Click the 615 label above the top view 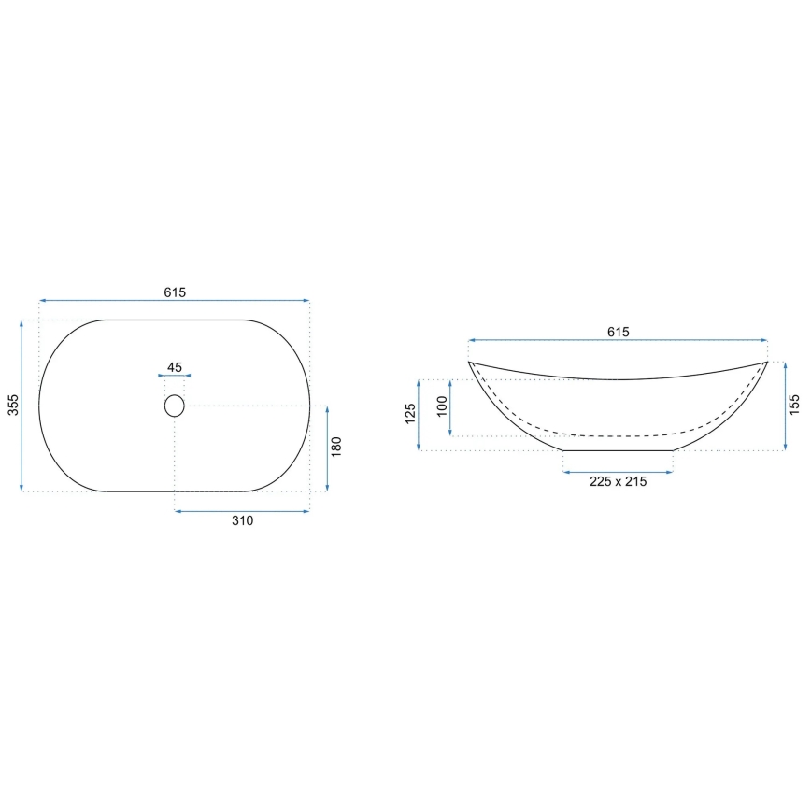click(x=175, y=292)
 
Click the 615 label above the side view click(x=618, y=332)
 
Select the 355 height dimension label click(x=12, y=405)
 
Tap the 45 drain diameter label click(x=175, y=366)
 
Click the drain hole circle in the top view click(x=175, y=405)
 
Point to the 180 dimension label click(x=337, y=448)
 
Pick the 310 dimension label click(x=242, y=521)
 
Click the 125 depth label click(x=410, y=415)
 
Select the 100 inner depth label click(x=442, y=407)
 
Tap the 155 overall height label click(x=794, y=405)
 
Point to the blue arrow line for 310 click(x=242, y=510)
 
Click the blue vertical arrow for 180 click(x=326, y=448)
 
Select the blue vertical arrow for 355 click(x=21, y=405)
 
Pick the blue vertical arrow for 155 click(x=784, y=405)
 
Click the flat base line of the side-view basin click(x=618, y=450)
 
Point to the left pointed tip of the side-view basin click(x=469, y=362)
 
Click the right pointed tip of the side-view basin click(x=767, y=362)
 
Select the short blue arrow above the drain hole click(x=175, y=377)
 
